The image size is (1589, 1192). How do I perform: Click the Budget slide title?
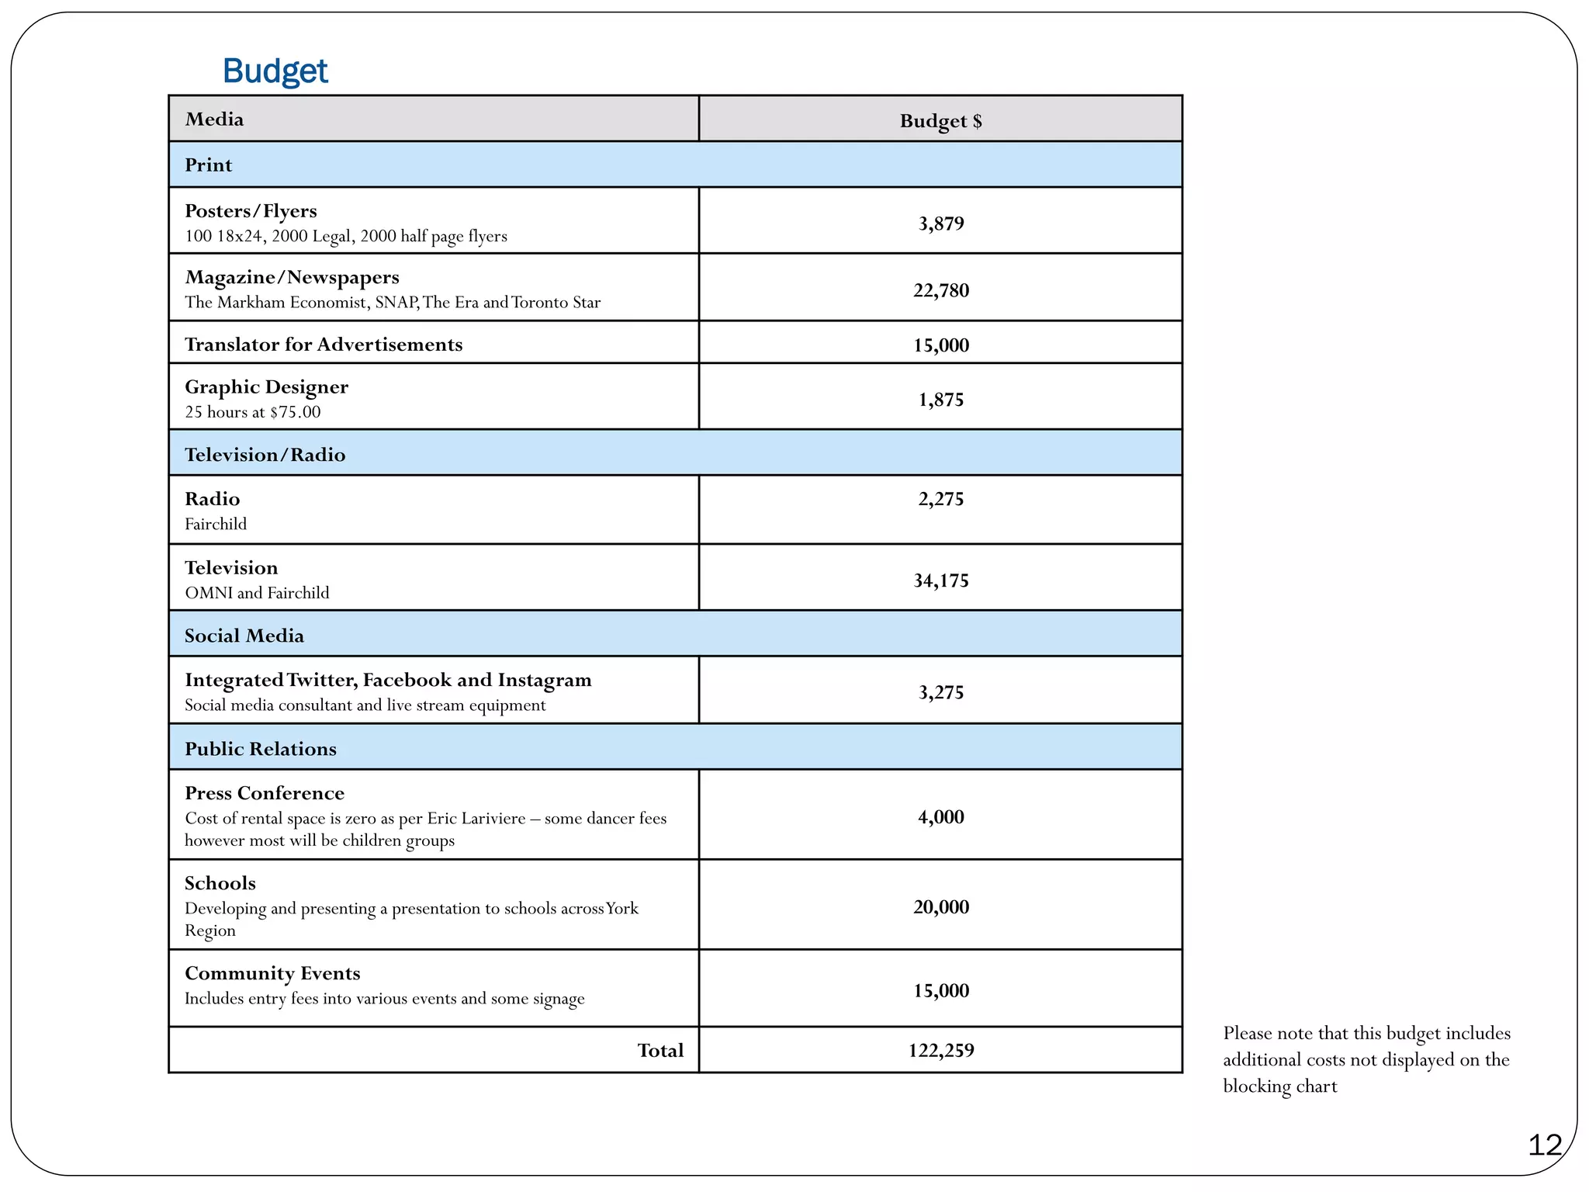tap(275, 71)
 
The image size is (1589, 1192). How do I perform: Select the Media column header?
tap(214, 120)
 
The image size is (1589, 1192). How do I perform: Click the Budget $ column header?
tap(940, 121)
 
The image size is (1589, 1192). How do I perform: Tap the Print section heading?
tap(208, 165)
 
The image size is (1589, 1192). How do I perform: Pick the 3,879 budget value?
tap(940, 223)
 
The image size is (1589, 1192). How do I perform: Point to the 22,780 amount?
tap(940, 290)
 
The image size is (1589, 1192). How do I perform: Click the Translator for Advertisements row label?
tap(323, 345)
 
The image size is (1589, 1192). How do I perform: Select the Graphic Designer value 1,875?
tap(940, 400)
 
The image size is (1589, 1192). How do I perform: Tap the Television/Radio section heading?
tap(265, 455)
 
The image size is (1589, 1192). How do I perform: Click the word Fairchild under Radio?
tap(216, 524)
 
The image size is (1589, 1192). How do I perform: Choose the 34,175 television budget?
tap(940, 580)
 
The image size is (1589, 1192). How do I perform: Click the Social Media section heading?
tap(244, 636)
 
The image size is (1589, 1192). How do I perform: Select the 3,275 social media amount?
tap(940, 692)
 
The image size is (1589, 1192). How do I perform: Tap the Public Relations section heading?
tap(260, 749)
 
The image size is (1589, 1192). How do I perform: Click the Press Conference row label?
tap(264, 793)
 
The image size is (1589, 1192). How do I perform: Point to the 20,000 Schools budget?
tap(940, 906)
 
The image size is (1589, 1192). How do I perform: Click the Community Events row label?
tap(272, 973)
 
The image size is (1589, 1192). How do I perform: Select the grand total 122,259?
tap(940, 1050)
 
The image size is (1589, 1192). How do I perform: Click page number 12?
tap(1544, 1145)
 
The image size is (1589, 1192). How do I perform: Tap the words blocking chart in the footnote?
tap(1279, 1086)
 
